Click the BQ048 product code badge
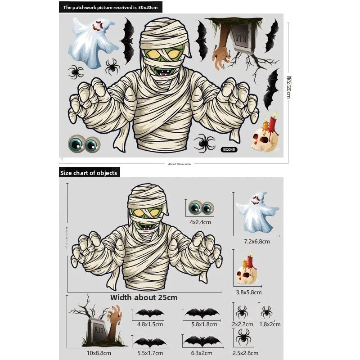click(229, 150)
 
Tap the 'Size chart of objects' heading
click(89, 173)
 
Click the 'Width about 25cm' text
click(144, 297)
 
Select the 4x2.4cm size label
click(200, 222)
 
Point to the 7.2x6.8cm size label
click(256, 241)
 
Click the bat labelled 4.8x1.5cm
click(150, 313)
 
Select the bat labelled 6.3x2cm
click(202, 341)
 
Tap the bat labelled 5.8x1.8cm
click(202, 313)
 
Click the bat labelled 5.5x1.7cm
click(150, 342)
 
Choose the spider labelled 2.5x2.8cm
click(243, 336)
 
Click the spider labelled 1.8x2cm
click(266, 311)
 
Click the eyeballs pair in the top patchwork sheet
click(84, 144)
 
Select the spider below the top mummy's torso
click(205, 143)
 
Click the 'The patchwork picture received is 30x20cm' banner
click(111, 7)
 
